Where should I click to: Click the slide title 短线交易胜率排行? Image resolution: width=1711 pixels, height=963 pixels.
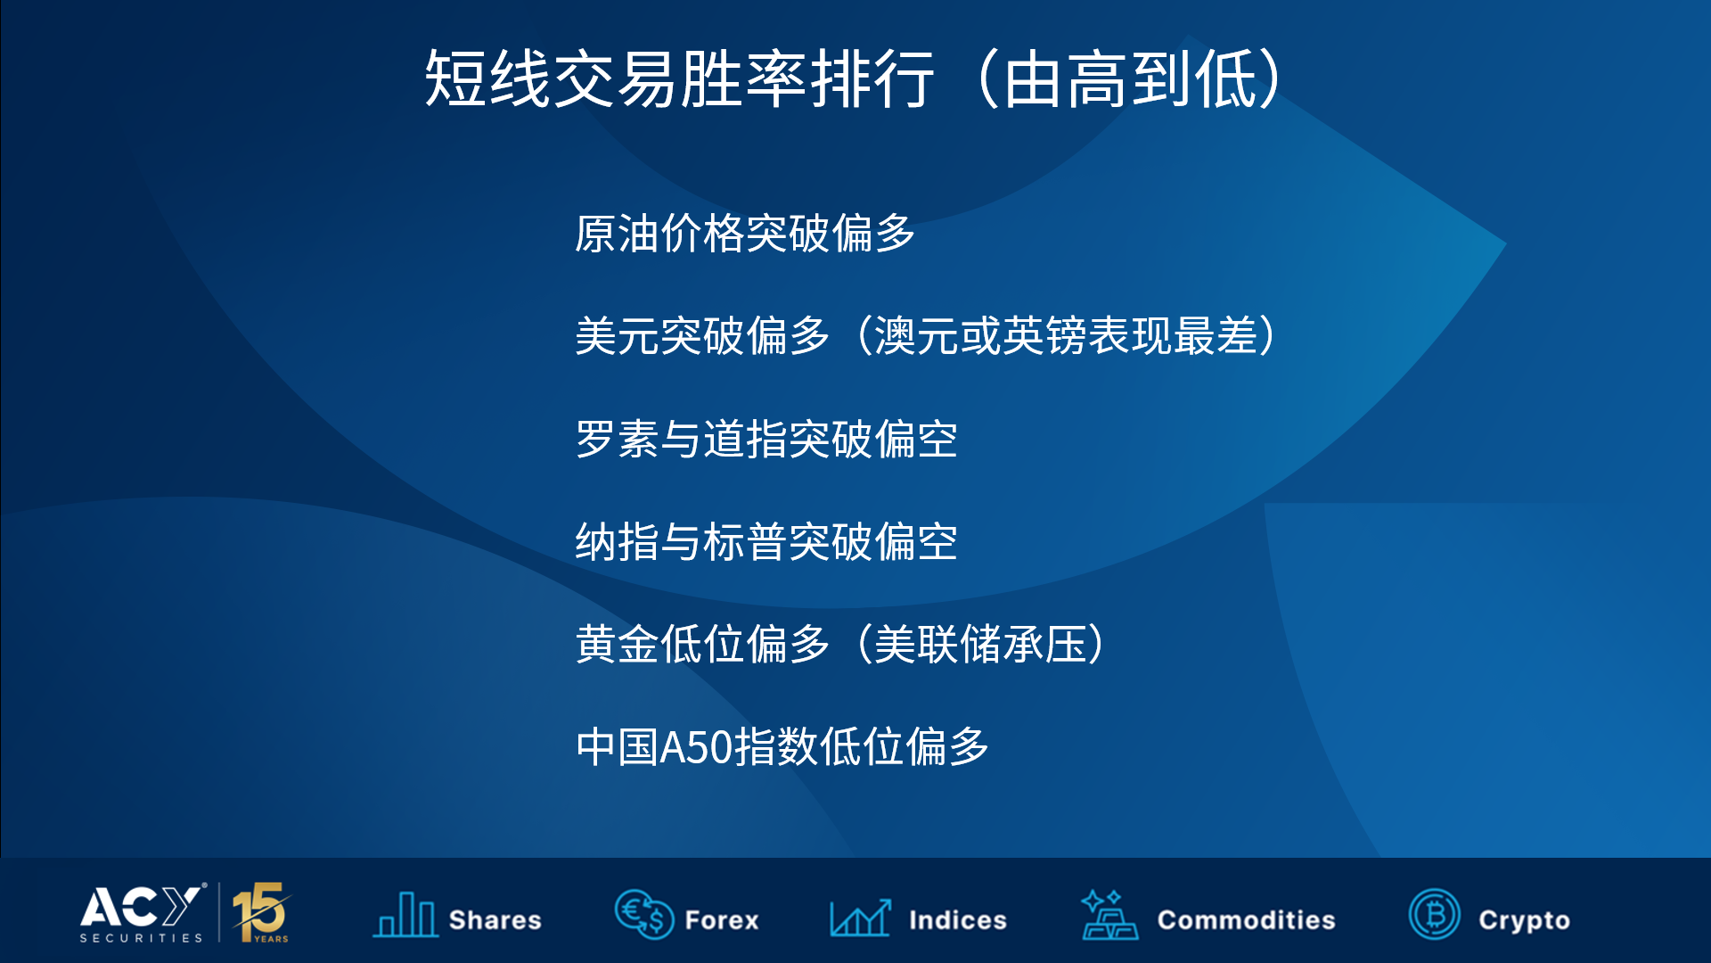click(680, 78)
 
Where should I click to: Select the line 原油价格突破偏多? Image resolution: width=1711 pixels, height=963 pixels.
click(745, 234)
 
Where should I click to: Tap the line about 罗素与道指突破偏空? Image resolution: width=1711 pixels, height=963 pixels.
click(766, 439)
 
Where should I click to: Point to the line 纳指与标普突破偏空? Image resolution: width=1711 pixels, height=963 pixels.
click(766, 541)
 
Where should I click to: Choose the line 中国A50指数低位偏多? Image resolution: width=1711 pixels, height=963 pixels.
click(782, 746)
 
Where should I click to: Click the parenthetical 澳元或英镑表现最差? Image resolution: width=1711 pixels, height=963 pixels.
click(1065, 336)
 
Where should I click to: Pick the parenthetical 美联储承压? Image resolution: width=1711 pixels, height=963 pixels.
click(980, 644)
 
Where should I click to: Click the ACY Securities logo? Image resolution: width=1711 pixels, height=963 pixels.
click(143, 912)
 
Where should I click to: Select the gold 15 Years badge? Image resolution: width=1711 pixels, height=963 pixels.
click(260, 912)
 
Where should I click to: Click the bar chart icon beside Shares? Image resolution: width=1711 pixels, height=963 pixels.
click(405, 914)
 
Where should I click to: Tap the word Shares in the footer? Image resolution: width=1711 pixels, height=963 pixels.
click(495, 920)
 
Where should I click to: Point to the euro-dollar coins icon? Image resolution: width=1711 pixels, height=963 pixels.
click(643, 914)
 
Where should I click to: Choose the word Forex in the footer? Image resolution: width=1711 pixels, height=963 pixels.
click(722, 920)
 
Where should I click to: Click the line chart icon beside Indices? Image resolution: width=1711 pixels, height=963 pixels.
click(860, 917)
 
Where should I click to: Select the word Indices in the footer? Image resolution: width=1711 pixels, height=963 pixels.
click(958, 920)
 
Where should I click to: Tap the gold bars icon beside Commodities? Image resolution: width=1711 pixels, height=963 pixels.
click(1109, 915)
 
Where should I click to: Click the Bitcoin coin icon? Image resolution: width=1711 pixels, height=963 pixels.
click(1435, 914)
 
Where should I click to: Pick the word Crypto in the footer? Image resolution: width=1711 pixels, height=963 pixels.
click(1525, 921)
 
